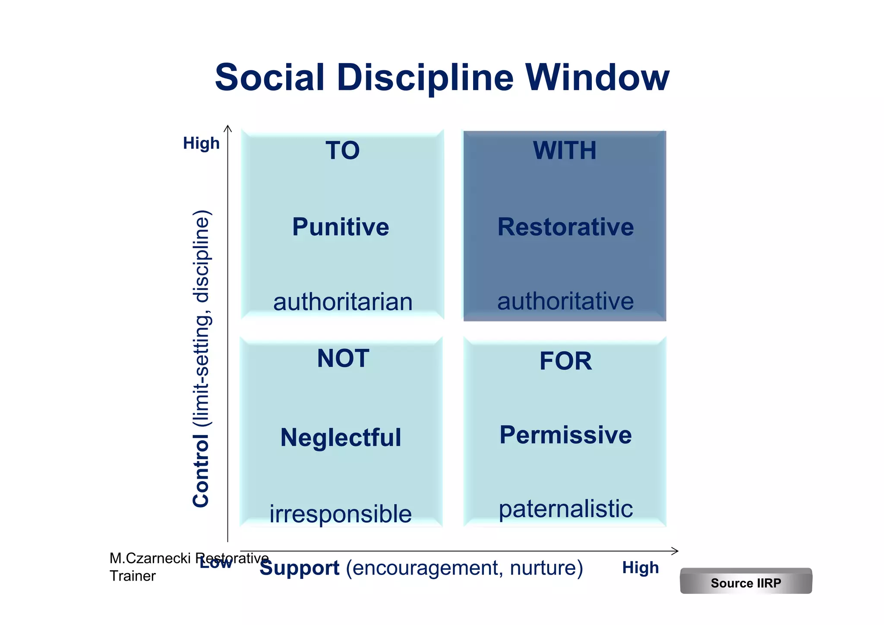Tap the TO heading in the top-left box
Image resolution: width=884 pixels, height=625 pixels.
click(342, 151)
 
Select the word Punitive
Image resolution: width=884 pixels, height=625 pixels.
click(341, 227)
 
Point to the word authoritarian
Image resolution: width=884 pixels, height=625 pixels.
click(343, 302)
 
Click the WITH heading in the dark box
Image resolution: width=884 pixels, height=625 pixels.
click(565, 151)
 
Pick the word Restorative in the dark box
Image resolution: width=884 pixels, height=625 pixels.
click(565, 227)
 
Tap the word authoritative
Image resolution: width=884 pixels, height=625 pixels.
click(565, 301)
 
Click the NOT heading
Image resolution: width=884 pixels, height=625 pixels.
click(343, 358)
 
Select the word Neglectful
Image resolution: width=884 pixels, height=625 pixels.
click(341, 437)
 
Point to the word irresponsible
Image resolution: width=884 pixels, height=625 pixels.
click(341, 514)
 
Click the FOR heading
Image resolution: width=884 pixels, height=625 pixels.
click(565, 361)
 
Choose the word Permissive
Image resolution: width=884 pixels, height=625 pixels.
click(565, 435)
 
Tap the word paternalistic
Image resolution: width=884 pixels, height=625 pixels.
click(565, 509)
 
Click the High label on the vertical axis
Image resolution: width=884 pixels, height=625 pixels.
click(201, 143)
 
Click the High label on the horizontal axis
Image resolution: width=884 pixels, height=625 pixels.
click(641, 568)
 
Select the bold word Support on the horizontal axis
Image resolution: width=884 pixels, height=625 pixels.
click(299, 568)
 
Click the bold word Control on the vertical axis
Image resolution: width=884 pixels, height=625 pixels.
click(201, 471)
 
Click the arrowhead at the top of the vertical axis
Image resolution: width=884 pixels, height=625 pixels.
click(228, 128)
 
